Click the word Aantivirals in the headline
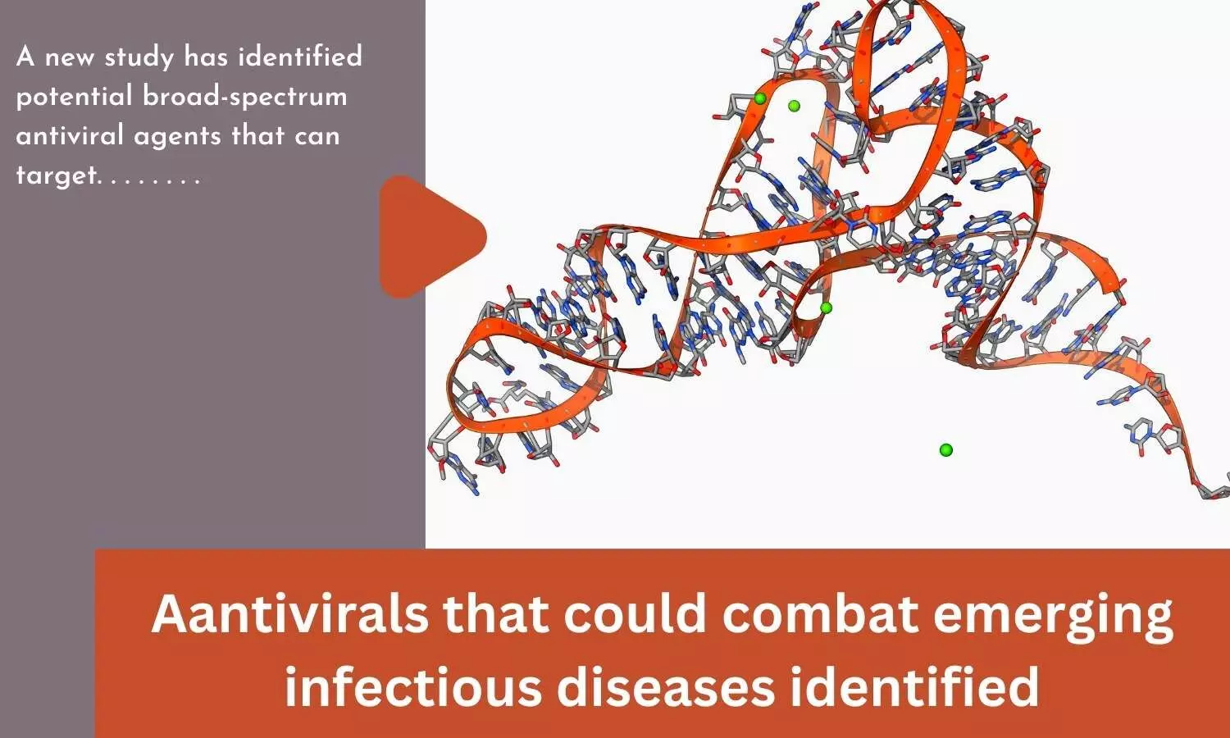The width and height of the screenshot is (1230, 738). click(289, 614)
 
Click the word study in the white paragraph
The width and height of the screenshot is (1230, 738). click(139, 58)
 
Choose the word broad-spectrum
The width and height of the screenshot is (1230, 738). click(245, 98)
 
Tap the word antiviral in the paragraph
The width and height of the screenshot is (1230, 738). click(70, 135)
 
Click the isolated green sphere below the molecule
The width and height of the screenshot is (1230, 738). click(945, 450)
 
